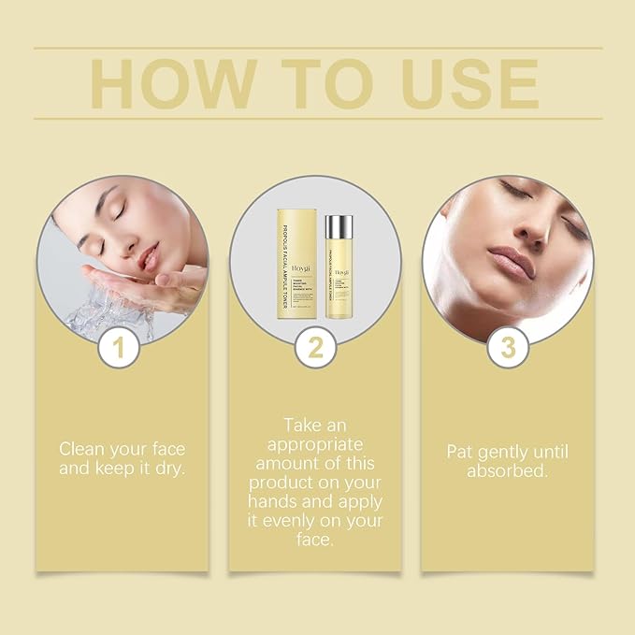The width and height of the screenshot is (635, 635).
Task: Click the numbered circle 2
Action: click(316, 349)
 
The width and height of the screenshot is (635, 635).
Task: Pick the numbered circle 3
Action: click(508, 349)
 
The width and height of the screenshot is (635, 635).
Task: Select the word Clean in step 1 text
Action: click(82, 447)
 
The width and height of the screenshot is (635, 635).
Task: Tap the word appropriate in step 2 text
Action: click(315, 443)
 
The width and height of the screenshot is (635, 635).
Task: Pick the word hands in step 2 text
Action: click(274, 502)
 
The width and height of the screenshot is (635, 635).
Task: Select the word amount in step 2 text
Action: click(281, 463)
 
